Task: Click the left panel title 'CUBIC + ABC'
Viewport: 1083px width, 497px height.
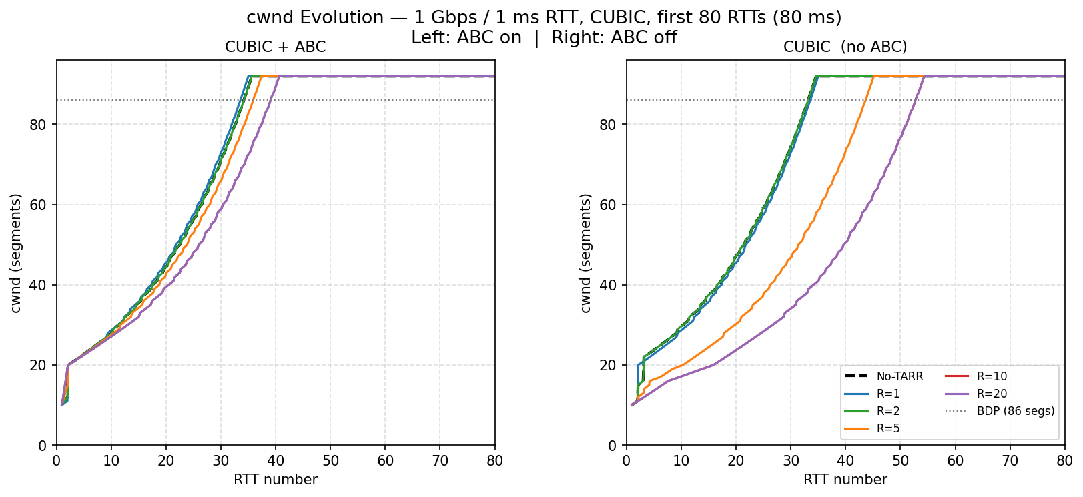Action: click(275, 47)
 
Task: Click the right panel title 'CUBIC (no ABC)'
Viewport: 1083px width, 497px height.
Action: click(845, 47)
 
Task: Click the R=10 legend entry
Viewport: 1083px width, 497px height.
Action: click(992, 376)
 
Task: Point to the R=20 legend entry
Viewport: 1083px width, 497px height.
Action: click(992, 394)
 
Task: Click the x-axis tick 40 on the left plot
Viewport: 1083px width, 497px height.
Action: click(276, 460)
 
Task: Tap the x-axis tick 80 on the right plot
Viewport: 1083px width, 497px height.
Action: click(1064, 460)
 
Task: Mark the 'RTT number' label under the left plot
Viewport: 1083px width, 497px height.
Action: click(275, 480)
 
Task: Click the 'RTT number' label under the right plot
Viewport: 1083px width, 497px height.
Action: click(845, 480)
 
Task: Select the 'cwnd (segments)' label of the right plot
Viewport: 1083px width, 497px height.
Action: click(586, 253)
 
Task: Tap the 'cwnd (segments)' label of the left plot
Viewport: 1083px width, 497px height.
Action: click(16, 253)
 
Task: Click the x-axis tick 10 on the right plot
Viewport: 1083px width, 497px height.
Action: click(681, 460)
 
